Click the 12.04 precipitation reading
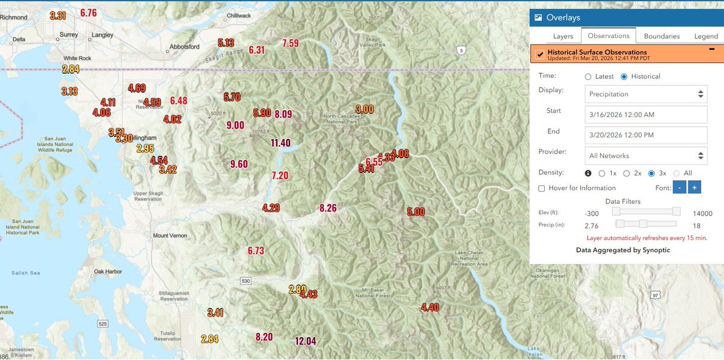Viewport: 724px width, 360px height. tap(306, 341)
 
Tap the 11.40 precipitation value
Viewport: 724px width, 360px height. tap(281, 143)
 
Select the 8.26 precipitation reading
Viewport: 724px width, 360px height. tap(328, 208)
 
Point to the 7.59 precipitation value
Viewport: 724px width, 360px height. tap(290, 43)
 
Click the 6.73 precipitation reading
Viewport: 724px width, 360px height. tap(256, 251)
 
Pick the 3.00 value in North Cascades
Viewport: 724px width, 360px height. tap(364, 109)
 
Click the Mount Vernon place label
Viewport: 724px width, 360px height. tap(170, 236)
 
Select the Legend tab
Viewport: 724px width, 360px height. tap(706, 36)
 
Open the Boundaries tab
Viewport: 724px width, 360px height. tap(662, 36)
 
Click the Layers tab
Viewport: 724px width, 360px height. tap(563, 36)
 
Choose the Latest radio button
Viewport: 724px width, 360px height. tap(589, 77)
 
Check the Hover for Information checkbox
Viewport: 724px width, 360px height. tap(541, 188)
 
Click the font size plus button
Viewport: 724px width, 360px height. tap(694, 188)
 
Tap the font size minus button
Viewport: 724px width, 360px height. tap(679, 188)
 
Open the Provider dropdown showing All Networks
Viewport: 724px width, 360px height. tap(646, 156)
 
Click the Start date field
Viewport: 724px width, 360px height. tap(646, 115)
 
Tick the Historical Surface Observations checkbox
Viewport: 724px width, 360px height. tap(539, 55)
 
